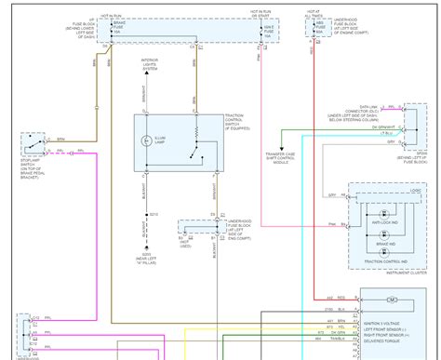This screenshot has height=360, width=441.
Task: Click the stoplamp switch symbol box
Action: coord(34,146)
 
